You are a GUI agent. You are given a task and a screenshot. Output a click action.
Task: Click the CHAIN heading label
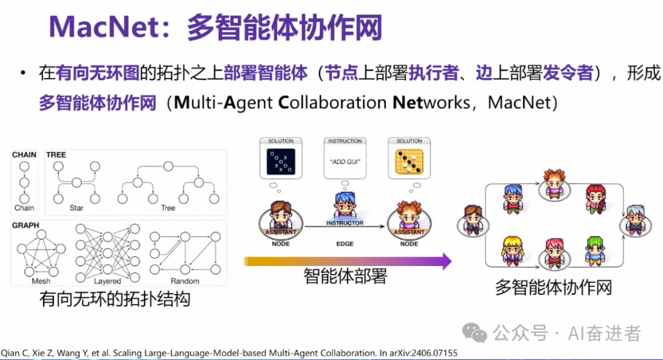click(24, 155)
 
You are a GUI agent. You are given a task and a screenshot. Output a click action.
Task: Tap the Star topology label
click(76, 208)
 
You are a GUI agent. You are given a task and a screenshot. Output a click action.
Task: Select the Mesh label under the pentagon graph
click(41, 281)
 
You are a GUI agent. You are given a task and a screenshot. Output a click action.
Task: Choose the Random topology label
click(185, 281)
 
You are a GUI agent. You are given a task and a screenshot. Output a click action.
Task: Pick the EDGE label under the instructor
click(344, 244)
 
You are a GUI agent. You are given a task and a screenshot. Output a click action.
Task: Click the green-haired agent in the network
click(594, 250)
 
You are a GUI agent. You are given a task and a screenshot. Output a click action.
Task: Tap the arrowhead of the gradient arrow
click(446, 262)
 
